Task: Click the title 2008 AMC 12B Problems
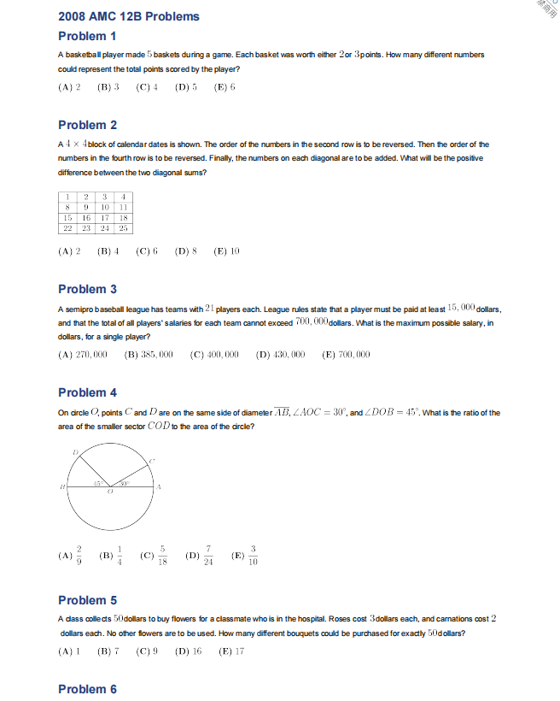128,16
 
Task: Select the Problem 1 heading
87,36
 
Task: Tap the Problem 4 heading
87,392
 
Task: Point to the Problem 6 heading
87,689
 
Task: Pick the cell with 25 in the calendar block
124,228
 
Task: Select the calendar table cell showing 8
67,206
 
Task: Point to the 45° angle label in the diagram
97,484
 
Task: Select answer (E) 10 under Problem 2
226,251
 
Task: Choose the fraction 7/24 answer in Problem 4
200,557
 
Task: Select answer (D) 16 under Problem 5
188,651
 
